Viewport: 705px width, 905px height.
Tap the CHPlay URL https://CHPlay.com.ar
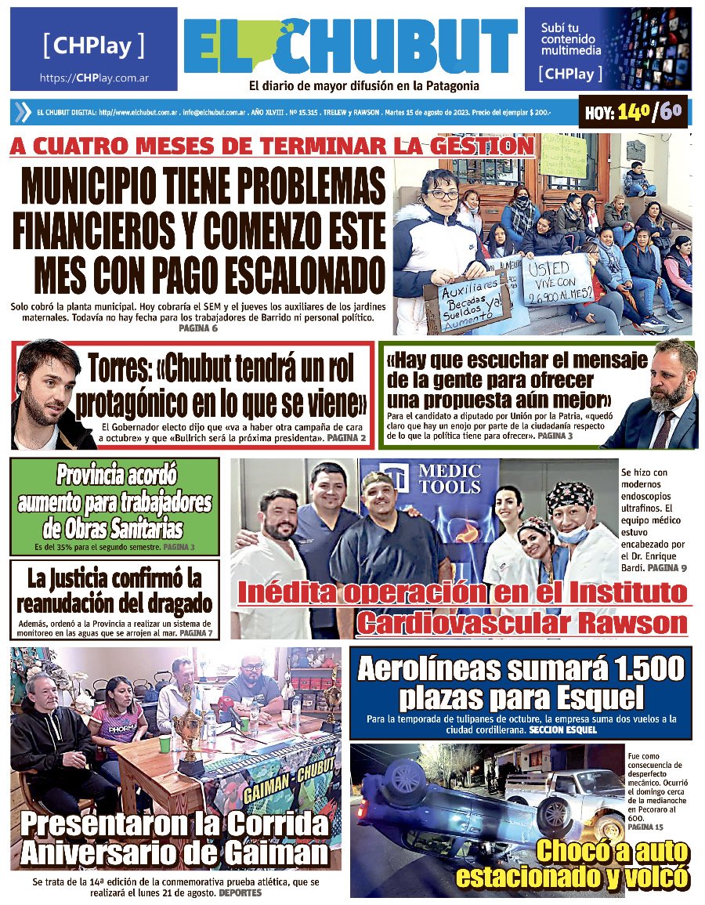point(94,78)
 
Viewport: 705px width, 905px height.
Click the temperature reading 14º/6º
point(634,113)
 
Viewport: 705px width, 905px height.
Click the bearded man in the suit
point(663,392)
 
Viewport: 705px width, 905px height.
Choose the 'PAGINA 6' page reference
point(198,329)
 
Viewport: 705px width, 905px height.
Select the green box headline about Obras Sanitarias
point(114,501)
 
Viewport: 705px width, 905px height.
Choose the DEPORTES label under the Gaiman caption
point(243,892)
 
